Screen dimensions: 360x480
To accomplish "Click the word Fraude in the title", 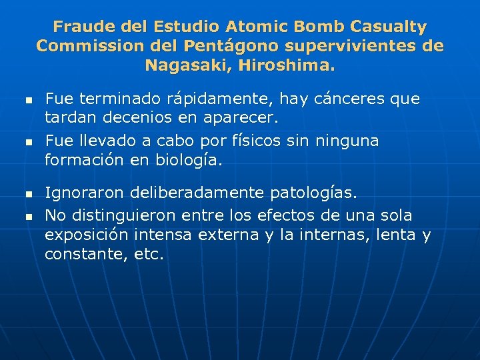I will [x=78, y=27].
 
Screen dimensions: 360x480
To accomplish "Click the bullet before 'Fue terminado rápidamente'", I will [x=28, y=101].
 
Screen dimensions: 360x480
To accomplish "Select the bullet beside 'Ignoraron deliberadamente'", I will [x=28, y=194].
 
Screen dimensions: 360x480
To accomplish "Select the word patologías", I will [x=313, y=193].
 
